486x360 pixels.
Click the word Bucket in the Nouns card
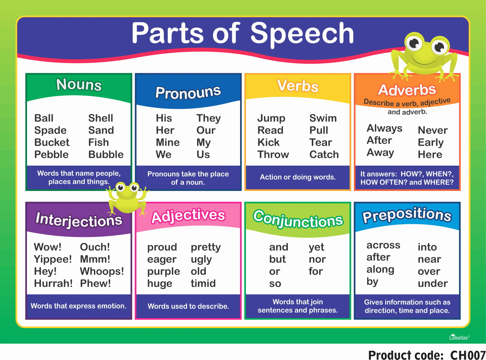point(52,142)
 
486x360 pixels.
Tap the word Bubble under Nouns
point(106,155)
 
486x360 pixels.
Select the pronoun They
point(208,118)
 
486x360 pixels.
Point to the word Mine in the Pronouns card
point(168,142)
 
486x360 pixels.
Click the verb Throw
point(273,155)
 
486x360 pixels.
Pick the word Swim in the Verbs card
point(323,118)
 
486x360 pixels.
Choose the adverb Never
point(433,130)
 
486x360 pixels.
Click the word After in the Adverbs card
point(379,140)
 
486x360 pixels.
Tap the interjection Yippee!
point(53,259)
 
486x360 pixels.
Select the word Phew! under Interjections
point(95,283)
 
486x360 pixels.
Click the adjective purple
point(164,272)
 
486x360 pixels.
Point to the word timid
point(203,283)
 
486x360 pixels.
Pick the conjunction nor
point(317,259)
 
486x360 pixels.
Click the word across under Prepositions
point(383,245)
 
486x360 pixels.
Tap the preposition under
point(433,283)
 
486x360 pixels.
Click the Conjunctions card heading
point(298,219)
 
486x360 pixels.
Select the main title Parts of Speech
point(242,33)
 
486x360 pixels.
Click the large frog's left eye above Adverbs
point(414,43)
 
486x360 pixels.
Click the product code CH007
point(468,355)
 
